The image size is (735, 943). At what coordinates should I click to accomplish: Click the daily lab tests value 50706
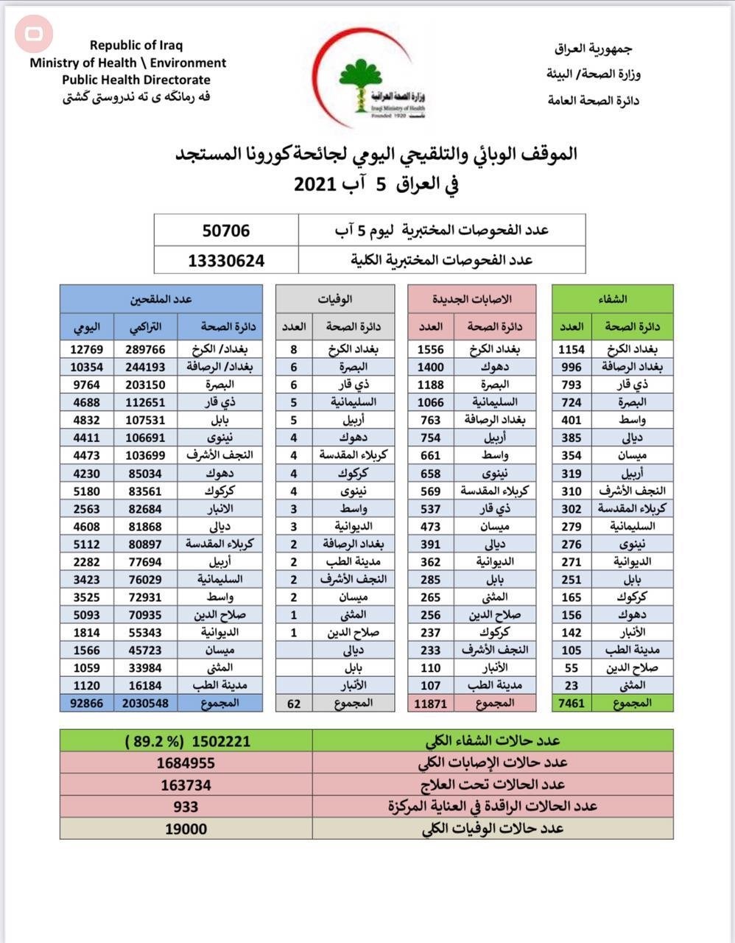click(x=226, y=231)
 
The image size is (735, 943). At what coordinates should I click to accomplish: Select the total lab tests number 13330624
click(x=226, y=260)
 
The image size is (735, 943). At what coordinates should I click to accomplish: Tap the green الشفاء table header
click(x=613, y=299)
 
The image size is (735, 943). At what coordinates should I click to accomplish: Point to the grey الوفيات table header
click(x=335, y=299)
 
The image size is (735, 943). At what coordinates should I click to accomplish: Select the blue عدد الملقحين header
click(x=161, y=299)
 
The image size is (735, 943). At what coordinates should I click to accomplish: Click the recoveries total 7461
click(x=571, y=703)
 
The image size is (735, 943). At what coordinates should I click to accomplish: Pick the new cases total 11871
click(x=430, y=703)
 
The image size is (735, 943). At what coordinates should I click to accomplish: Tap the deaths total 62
click(x=294, y=703)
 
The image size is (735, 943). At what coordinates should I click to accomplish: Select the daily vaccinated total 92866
click(x=87, y=703)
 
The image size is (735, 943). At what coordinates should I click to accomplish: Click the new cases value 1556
click(x=430, y=349)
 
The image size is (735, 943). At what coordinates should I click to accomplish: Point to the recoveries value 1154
click(x=571, y=349)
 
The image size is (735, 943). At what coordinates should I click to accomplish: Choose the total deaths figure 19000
click(x=186, y=829)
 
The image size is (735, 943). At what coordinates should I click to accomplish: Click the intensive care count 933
click(x=186, y=807)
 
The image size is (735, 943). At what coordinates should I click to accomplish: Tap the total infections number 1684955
click(x=186, y=763)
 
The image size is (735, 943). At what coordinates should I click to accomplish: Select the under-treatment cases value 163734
click(x=186, y=785)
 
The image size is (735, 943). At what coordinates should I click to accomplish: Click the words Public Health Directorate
click(x=136, y=80)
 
